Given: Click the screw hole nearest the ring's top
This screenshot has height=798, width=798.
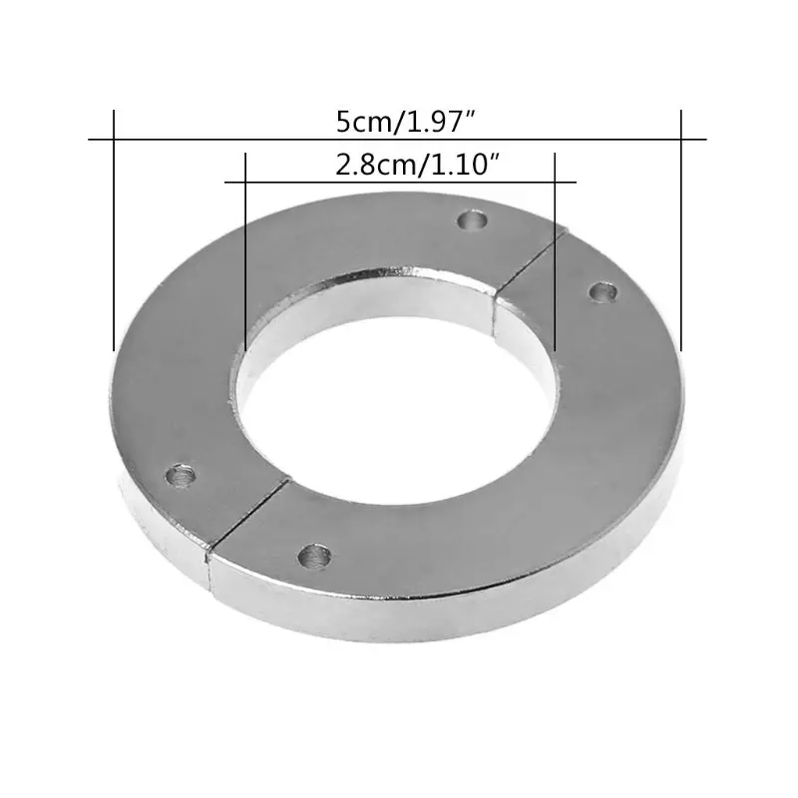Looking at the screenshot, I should (x=474, y=218).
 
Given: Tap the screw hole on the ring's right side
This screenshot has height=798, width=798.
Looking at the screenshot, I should (x=601, y=291).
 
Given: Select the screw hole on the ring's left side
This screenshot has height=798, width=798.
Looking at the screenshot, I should (x=181, y=475).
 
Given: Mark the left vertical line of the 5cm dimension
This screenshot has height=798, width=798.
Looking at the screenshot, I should (x=115, y=229).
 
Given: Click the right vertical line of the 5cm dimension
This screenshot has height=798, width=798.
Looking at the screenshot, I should (x=681, y=229).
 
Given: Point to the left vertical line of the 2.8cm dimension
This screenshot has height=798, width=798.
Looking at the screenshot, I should (x=244, y=249).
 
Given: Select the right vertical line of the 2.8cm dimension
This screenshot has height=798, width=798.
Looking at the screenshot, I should (x=555, y=249).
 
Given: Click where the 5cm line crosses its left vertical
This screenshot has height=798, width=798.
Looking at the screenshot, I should (x=115, y=139).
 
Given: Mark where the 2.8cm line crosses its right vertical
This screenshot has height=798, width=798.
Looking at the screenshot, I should (x=555, y=183).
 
